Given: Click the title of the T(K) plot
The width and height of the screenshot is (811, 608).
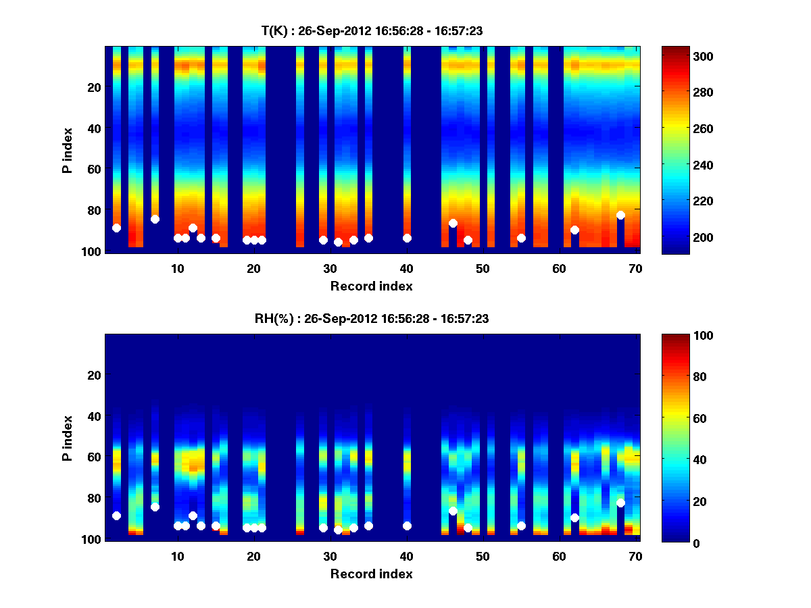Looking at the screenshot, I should [x=372, y=30].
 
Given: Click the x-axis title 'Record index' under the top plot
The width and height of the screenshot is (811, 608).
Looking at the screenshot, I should [x=371, y=286].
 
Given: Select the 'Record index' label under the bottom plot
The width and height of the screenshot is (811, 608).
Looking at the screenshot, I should [x=371, y=574].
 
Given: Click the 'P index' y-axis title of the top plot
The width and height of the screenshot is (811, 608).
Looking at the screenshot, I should [x=68, y=150].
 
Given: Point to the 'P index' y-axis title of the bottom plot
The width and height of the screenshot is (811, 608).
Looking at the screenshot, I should [x=68, y=438].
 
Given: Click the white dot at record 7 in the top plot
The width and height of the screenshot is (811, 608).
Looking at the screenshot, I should [x=155, y=219].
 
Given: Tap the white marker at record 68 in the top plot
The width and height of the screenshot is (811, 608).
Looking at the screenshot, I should [x=620, y=215].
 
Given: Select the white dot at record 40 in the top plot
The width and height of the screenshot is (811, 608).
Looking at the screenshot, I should [x=407, y=238].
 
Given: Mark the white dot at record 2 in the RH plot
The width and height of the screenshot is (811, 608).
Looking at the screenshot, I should [x=116, y=515].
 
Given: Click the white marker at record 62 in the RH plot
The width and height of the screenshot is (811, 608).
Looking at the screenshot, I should [x=574, y=517].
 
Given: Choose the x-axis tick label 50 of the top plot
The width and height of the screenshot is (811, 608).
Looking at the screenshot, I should [x=483, y=269].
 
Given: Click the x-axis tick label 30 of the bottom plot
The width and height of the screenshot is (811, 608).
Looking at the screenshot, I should [x=330, y=557].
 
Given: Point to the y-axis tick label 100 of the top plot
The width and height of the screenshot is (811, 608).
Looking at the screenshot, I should [x=93, y=252].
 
